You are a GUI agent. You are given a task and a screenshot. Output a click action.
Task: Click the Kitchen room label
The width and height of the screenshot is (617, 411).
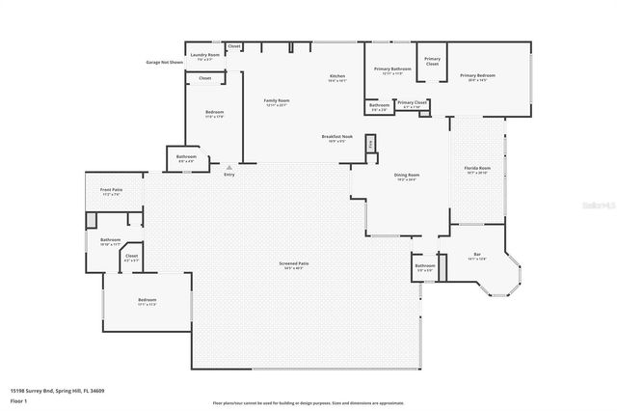coord(336,77)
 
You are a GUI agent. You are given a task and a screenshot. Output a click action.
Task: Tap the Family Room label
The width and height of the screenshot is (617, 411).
coord(278,101)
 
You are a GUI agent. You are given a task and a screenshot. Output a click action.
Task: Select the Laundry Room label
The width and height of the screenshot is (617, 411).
coord(204,56)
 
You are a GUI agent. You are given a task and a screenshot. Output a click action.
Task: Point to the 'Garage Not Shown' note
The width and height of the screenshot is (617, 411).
coord(165,62)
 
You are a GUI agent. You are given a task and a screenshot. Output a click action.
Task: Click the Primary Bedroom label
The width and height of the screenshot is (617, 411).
coord(478,77)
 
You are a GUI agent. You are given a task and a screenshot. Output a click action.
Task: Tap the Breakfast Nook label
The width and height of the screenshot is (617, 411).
coord(337,137)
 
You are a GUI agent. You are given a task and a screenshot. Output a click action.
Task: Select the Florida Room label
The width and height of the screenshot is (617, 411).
coord(478,170)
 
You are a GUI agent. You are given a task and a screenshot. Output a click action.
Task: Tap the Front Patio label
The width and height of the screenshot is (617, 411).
coord(111,191)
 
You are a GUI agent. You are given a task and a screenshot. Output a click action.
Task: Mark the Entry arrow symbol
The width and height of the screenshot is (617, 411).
coord(228,166)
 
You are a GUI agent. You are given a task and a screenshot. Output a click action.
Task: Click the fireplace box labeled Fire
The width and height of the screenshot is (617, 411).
coord(372,145)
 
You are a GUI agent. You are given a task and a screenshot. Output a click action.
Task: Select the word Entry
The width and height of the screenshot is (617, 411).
coord(228,174)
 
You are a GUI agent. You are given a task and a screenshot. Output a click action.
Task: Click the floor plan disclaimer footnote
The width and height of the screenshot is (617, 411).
coord(308,402)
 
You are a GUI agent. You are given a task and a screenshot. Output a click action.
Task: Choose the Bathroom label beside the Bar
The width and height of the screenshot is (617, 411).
coord(425,267)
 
